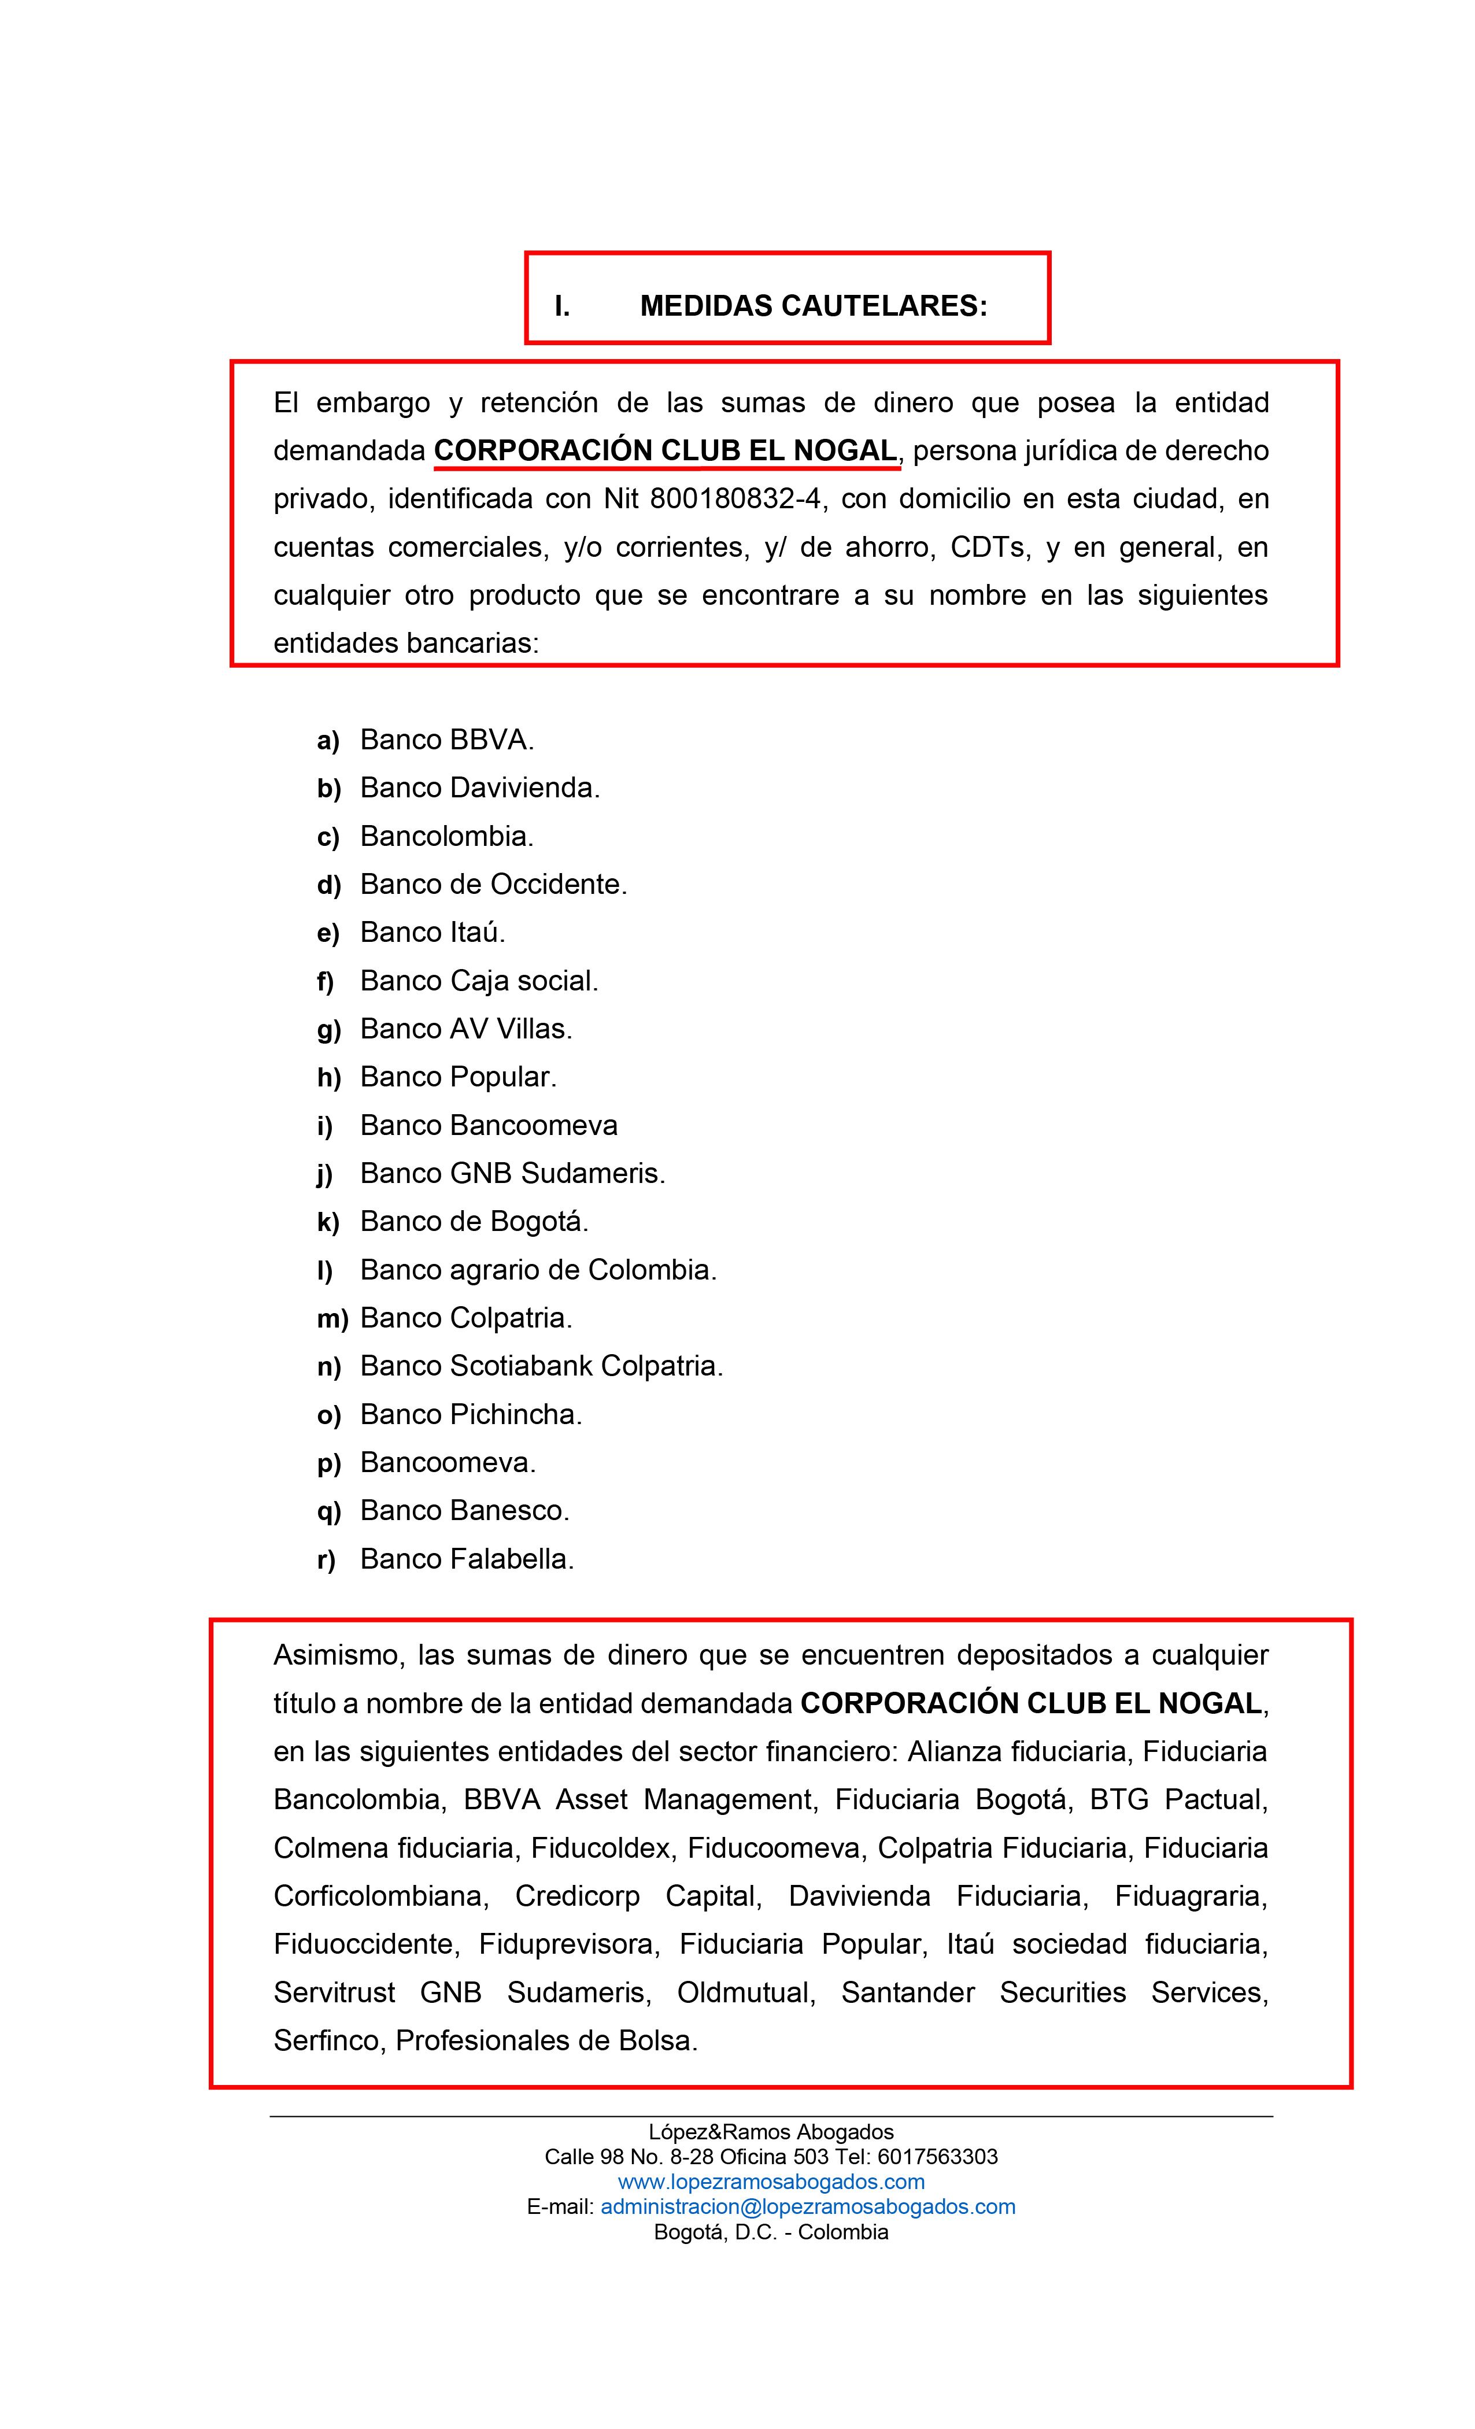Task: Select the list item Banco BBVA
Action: click(x=446, y=740)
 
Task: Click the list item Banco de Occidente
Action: click(x=493, y=884)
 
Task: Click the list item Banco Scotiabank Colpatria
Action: click(x=541, y=1366)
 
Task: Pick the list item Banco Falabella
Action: click(x=467, y=1559)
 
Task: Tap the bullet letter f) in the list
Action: click(x=326, y=982)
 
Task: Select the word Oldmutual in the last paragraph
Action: click(x=745, y=1992)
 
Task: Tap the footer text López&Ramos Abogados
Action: click(x=771, y=2132)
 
